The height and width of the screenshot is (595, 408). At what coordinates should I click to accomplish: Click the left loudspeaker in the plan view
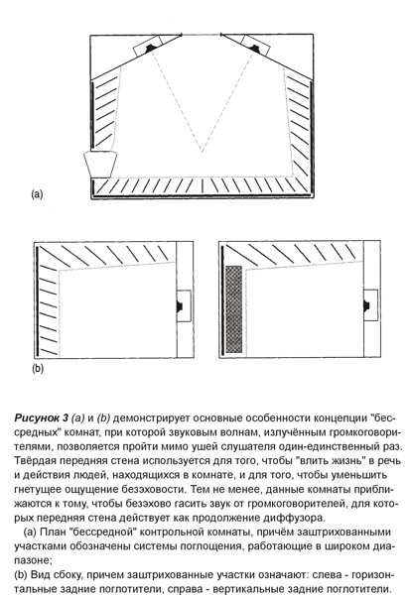pos(150,48)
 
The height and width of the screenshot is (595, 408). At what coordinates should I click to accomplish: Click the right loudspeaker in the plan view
pos(254,48)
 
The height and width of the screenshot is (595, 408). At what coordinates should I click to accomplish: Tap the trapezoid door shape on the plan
pos(100,165)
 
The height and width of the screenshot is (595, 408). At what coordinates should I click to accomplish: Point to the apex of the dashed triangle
pos(202,152)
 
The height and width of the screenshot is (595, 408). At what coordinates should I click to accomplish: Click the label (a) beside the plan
pos(37,194)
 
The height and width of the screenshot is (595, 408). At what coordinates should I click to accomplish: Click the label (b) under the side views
pos(38,369)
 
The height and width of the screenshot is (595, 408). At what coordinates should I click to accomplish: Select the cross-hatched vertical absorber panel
pos(233,309)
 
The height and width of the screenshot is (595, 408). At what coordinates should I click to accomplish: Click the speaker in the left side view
pos(180,306)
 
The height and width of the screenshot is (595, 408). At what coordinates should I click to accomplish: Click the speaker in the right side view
pos(366,305)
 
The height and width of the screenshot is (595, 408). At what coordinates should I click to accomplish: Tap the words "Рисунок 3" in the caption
pos(42,418)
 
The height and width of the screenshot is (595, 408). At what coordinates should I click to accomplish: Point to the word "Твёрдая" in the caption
pos(34,461)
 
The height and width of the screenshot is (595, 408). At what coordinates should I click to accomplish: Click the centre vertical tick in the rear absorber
pos(203,185)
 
